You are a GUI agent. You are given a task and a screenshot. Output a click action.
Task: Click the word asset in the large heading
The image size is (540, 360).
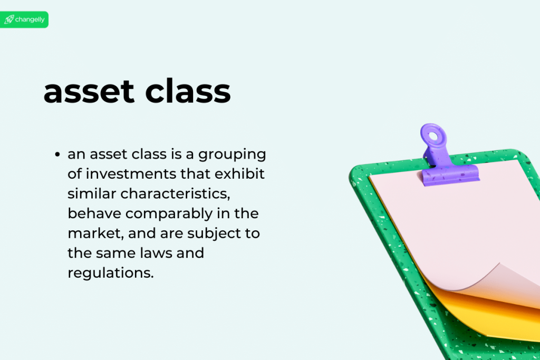coord(89,92)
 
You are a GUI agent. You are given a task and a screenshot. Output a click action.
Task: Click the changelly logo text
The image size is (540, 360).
coord(31,20)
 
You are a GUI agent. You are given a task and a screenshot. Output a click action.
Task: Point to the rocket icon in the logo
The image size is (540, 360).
coord(9,20)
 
